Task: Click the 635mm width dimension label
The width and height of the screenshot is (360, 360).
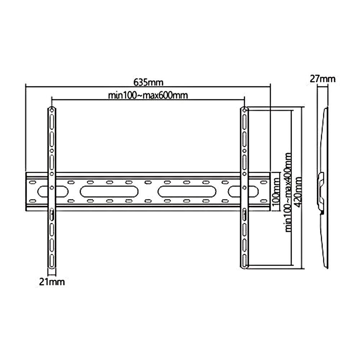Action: pyautogui.click(x=148, y=82)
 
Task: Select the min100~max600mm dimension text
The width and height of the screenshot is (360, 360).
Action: pyautogui.click(x=149, y=95)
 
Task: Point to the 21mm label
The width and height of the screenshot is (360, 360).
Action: pyautogui.click(x=53, y=282)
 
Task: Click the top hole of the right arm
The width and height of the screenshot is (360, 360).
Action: pyautogui.click(x=244, y=110)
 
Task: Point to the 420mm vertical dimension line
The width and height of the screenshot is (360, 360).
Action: pyautogui.click(x=302, y=234)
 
